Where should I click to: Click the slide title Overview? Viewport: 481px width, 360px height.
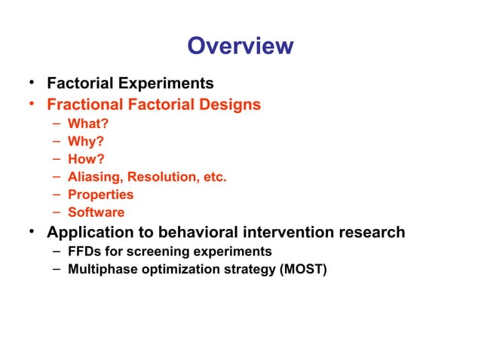pyautogui.click(x=240, y=47)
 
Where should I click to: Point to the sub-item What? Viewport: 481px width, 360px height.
pyautogui.click(x=87, y=124)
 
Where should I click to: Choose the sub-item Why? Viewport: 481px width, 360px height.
pyautogui.click(x=86, y=141)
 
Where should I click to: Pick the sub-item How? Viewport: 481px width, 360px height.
pyautogui.click(x=86, y=159)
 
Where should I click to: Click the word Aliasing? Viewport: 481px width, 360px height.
pyautogui.click(x=95, y=177)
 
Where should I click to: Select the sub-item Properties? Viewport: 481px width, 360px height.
pyautogui.click(x=100, y=194)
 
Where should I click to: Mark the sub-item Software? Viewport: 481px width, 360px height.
pyautogui.click(x=97, y=212)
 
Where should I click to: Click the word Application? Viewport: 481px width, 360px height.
pyautogui.click(x=93, y=232)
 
